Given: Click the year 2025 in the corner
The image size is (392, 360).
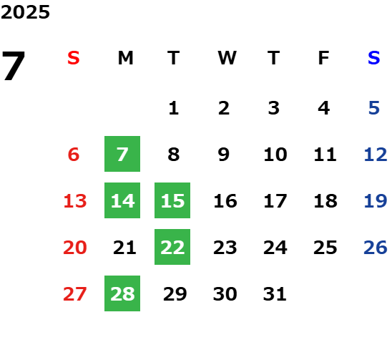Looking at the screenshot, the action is coord(25,12).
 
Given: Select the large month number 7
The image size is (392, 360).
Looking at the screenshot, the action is coord(14,65).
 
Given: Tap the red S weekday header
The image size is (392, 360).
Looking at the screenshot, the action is coord(74,58).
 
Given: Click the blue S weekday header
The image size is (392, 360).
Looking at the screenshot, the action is coord(373,58).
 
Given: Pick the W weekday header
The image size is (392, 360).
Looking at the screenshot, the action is coord(227,58).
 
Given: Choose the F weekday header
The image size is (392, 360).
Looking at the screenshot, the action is coord(324,58).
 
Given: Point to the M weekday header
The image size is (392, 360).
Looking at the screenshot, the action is coord(125,58).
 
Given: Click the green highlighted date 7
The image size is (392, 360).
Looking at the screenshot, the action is coord(122,154).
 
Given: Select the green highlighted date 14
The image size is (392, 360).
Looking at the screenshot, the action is coord(122,200).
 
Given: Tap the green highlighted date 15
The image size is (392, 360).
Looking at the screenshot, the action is coord(172,200).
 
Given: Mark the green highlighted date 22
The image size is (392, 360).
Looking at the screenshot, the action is coord(172,247).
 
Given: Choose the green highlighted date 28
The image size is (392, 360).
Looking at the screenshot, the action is coord(122,293).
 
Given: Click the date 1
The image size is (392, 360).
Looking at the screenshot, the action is coord(174,108).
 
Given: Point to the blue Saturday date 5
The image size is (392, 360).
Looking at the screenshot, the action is coord(374,108).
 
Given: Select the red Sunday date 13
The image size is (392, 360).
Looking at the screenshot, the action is coord(75,201).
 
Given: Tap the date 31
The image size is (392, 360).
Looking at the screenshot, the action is coord(275,293).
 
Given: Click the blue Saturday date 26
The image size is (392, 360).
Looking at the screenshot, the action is coord(376,248).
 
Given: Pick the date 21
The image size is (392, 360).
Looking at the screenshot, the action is coord(124,248).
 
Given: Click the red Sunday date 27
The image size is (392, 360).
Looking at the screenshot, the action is coord(75,293).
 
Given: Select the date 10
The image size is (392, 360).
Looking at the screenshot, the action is coord(275,155).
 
